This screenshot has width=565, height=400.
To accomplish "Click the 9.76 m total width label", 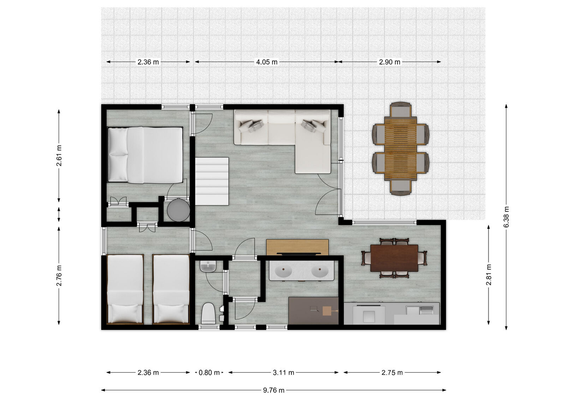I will pyautogui.click(x=274, y=390).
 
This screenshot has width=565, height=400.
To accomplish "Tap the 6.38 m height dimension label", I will pyautogui.click(x=506, y=217).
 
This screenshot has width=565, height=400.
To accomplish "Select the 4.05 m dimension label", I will pyautogui.click(x=267, y=62).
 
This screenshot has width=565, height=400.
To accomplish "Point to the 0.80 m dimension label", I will pyautogui.click(x=209, y=372).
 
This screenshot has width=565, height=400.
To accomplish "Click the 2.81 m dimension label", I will pyautogui.click(x=488, y=275).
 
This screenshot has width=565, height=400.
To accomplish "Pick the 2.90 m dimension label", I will pyautogui.click(x=390, y=62).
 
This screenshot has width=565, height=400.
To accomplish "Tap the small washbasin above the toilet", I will pyautogui.click(x=208, y=266).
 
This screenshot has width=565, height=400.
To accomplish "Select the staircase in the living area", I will pyautogui.click(x=212, y=181).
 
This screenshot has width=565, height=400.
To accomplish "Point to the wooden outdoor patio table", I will pyautogui.click(x=400, y=148).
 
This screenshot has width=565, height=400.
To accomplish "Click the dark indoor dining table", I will pyautogui.click(x=394, y=258).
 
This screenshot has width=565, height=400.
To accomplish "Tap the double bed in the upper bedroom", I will pyautogui.click(x=145, y=155).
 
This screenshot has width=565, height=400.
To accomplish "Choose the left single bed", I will pyautogui.click(x=125, y=289).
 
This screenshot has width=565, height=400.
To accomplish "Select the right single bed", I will pyautogui.click(x=171, y=289).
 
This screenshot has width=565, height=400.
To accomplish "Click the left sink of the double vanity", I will pyautogui.click(x=283, y=272).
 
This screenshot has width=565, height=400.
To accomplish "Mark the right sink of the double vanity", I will pyautogui.click(x=320, y=272).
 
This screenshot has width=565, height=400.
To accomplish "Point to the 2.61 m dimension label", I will pyautogui.click(x=59, y=155).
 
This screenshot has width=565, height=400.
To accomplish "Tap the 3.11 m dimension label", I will pyautogui.click(x=284, y=372).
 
